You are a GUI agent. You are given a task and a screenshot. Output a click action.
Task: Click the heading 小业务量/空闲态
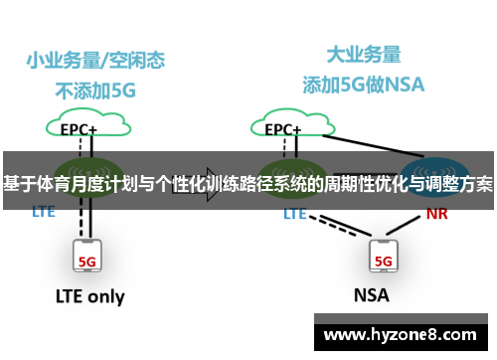(95, 59)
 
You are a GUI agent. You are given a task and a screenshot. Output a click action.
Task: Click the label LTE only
(89, 296)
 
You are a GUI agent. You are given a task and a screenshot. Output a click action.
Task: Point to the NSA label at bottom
(372, 296)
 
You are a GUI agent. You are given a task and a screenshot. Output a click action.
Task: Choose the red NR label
(436, 213)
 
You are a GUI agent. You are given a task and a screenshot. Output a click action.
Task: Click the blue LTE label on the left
(44, 212)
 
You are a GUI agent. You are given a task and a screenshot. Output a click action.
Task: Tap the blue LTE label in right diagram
(295, 213)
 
